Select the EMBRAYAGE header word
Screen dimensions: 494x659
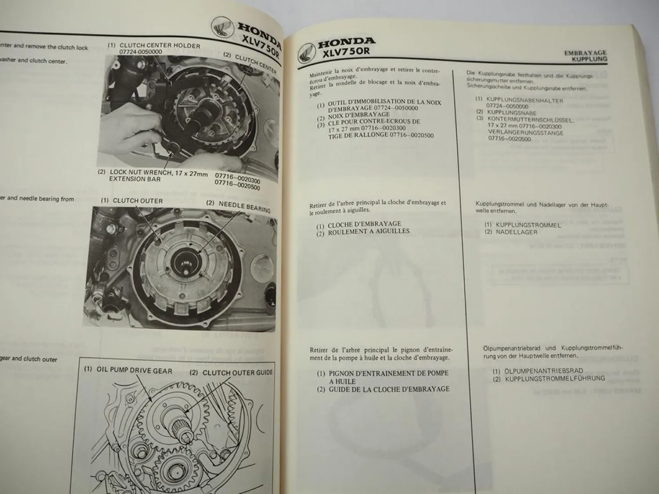pos(585,53)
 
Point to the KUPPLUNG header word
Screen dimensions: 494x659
pos(589,59)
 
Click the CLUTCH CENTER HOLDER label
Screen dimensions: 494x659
pos(159,46)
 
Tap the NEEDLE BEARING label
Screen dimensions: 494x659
pos(244,206)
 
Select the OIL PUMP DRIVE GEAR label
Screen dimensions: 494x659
pos(134,370)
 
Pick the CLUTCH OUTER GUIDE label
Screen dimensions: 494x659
pos(237,373)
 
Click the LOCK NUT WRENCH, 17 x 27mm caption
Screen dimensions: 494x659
pos(158,173)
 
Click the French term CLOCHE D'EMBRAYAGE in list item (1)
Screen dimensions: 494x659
pos(364,224)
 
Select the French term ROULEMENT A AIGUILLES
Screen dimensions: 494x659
pos(369,232)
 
